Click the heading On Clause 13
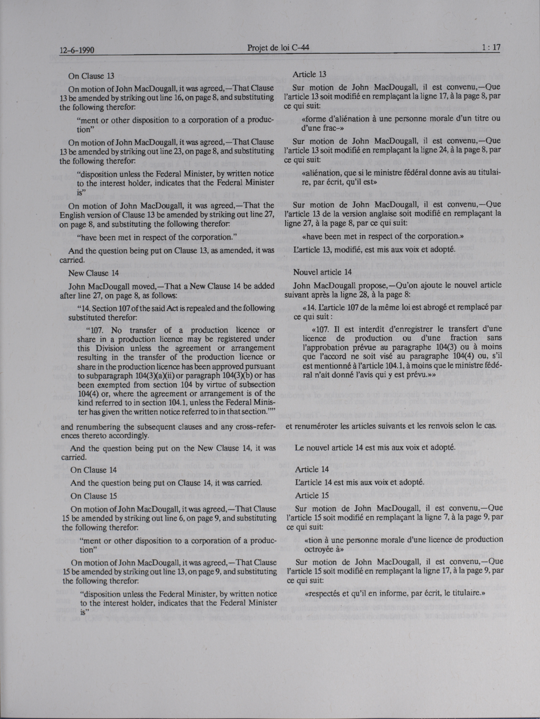pos(91,76)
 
